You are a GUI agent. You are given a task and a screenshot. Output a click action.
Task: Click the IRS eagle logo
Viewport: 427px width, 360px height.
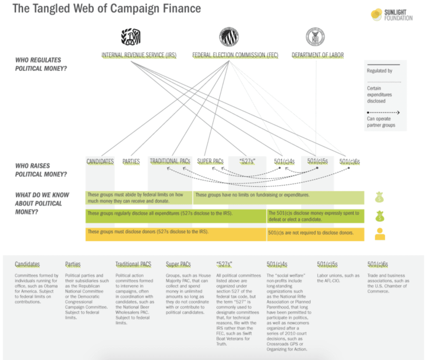click(131, 37)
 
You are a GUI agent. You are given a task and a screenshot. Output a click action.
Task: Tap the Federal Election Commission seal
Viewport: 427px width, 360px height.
click(229, 37)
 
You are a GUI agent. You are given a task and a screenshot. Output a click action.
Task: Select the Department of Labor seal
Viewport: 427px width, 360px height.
click(315, 37)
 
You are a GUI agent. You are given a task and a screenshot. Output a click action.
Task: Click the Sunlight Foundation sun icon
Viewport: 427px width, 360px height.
click(377, 15)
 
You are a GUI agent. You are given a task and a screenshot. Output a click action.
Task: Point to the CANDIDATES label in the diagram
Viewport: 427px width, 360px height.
click(100, 161)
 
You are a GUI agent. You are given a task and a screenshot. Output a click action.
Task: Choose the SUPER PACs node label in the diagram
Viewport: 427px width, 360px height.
click(210, 161)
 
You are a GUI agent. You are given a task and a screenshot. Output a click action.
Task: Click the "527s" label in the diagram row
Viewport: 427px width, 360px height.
click(247, 161)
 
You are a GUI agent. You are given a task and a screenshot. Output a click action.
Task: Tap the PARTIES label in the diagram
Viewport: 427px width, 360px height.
click(131, 161)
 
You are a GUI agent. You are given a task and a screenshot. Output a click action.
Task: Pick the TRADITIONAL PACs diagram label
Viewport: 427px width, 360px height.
click(170, 161)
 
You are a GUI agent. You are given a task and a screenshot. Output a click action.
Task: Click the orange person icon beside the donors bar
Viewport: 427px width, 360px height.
click(380, 234)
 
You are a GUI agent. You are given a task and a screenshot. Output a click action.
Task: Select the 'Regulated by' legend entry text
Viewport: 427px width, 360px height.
click(379, 71)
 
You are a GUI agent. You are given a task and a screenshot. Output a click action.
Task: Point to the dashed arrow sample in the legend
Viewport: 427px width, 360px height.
click(383, 112)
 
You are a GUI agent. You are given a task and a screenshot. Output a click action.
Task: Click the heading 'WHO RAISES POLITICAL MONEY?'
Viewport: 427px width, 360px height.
click(41, 170)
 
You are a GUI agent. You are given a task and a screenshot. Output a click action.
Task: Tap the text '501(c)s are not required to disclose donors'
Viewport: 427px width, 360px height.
click(311, 232)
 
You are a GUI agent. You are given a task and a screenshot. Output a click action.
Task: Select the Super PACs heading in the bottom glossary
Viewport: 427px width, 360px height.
click(178, 264)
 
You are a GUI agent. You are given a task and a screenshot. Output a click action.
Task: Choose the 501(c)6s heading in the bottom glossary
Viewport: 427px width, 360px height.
click(377, 264)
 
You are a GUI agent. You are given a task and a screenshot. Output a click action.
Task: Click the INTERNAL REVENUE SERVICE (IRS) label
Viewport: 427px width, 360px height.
click(139, 55)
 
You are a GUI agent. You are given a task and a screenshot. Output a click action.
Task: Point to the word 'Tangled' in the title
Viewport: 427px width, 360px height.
click(51, 9)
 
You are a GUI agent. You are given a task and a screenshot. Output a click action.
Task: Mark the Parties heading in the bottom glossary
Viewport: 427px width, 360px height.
click(73, 264)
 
